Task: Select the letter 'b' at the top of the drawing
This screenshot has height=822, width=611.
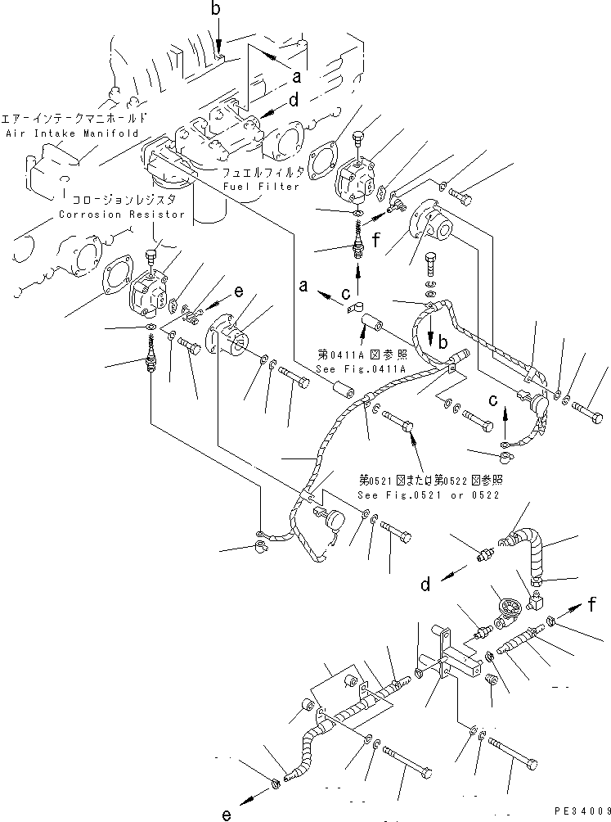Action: [216, 11]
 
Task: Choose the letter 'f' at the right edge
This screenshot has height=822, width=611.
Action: [591, 607]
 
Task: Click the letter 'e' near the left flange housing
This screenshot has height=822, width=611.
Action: [239, 291]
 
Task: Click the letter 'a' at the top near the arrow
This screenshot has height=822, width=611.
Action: [296, 78]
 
